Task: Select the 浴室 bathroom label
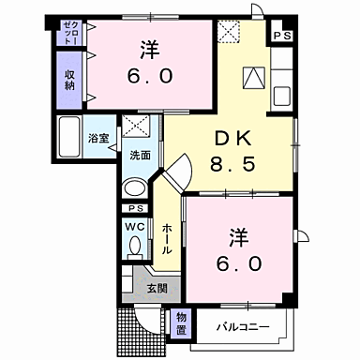click(97, 139)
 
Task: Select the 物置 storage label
click(182, 323)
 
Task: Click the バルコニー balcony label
click(245, 327)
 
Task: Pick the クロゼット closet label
click(70, 36)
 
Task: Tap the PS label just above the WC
click(136, 207)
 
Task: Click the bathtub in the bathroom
click(70, 138)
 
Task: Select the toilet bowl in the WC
click(134, 247)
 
